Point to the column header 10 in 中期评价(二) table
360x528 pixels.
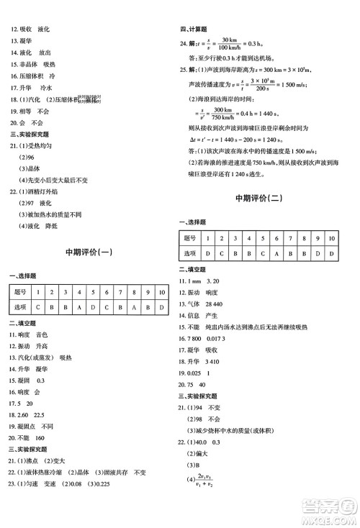point(331,237)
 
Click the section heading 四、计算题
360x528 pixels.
point(194,29)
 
